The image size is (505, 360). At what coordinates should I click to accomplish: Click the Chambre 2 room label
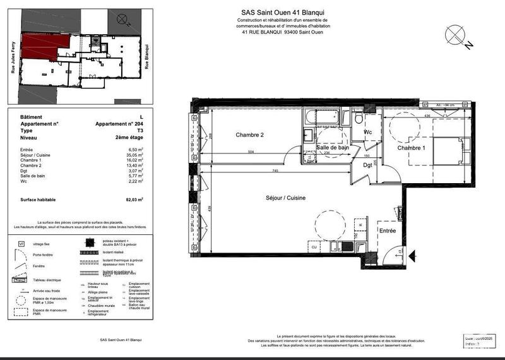pos(249,135)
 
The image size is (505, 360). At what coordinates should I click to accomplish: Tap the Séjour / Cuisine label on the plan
pos(285,198)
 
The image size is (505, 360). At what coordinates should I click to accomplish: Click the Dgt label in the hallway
pos(367,166)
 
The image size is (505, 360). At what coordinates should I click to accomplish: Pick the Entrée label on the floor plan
pos(387,232)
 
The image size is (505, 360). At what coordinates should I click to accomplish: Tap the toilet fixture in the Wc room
pos(358,118)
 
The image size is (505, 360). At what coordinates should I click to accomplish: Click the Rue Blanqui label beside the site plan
pos(147,56)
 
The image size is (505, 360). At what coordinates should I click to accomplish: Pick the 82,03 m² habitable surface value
pos(133,200)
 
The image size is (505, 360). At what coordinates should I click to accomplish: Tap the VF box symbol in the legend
pos(21,243)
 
